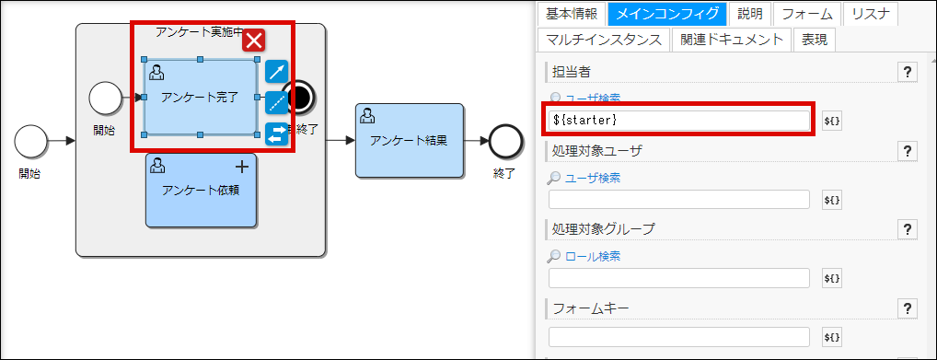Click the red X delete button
point(254,40)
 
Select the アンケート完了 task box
point(200,97)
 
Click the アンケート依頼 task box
point(200,190)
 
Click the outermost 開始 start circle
point(31,142)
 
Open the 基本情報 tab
point(572,14)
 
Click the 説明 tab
point(750,14)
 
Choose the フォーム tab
point(807,14)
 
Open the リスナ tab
point(870,14)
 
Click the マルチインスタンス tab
point(603,40)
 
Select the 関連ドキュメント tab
point(732,40)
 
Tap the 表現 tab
point(815,40)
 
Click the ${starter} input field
point(679,120)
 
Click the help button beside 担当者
point(907,73)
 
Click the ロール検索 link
point(592,256)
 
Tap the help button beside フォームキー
point(907,308)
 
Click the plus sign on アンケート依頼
point(242,167)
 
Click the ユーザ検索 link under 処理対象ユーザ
point(592,178)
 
